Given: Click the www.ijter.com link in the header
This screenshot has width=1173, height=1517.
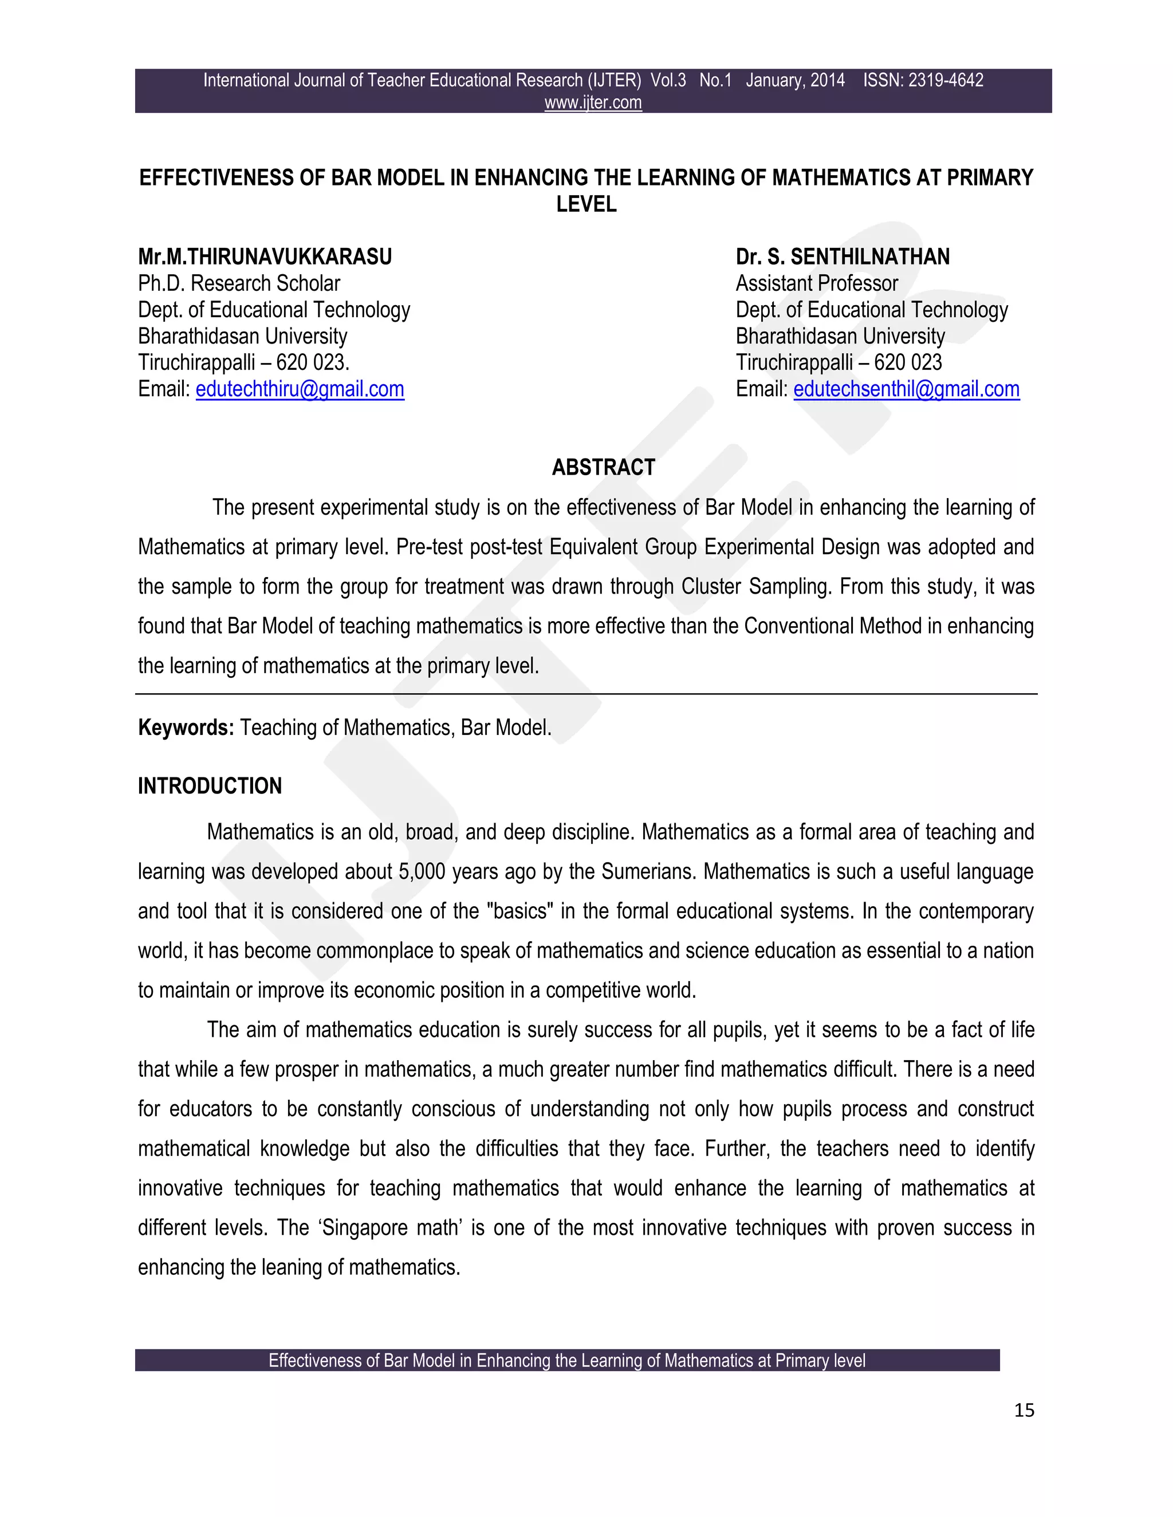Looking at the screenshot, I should click(x=593, y=103).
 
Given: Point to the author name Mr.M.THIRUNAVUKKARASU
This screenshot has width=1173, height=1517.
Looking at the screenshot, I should click(x=265, y=257).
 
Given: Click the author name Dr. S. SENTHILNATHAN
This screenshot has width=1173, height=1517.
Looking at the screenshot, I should click(x=842, y=257).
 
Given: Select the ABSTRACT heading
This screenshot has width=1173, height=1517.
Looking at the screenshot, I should click(x=603, y=468).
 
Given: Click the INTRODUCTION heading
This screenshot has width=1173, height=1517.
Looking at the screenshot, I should click(x=210, y=787).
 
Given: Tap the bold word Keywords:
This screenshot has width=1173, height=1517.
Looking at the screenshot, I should click(x=186, y=728).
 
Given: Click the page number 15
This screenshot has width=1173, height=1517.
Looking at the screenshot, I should click(x=1024, y=1410).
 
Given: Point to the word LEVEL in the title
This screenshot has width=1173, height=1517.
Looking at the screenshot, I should click(x=586, y=204).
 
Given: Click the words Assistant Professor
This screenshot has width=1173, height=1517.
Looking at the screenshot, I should click(x=817, y=283).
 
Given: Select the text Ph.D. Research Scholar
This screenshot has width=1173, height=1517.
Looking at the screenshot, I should click(x=239, y=283).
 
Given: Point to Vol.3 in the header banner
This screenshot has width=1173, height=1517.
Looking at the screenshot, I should click(x=668, y=81).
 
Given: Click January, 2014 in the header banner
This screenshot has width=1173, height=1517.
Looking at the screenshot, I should click(x=795, y=81).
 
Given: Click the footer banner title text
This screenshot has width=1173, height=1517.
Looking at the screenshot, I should click(x=567, y=1361).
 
